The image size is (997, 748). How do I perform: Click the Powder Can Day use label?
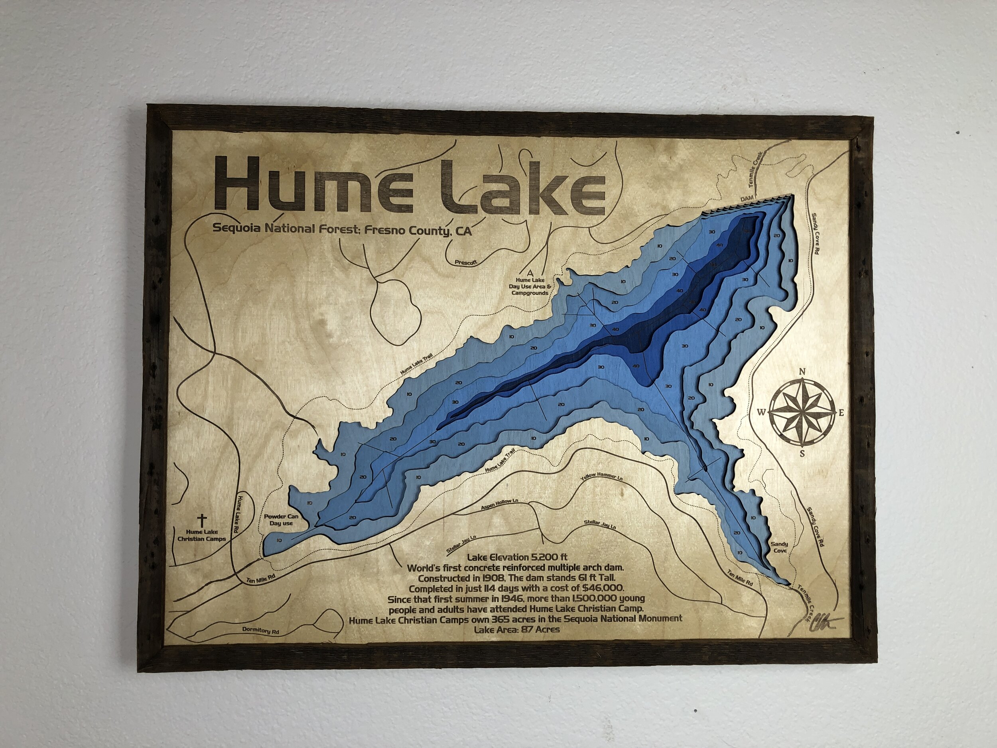pyautogui.click(x=281, y=519)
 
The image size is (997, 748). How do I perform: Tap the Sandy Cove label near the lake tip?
pyautogui.click(x=779, y=547)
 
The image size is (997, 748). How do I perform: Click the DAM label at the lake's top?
pyautogui.click(x=747, y=199)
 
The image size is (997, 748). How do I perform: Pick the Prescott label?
pyautogui.click(x=465, y=262)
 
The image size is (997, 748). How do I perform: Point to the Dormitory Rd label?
pyautogui.click(x=261, y=631)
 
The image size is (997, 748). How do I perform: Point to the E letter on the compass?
pyautogui.click(x=841, y=412)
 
